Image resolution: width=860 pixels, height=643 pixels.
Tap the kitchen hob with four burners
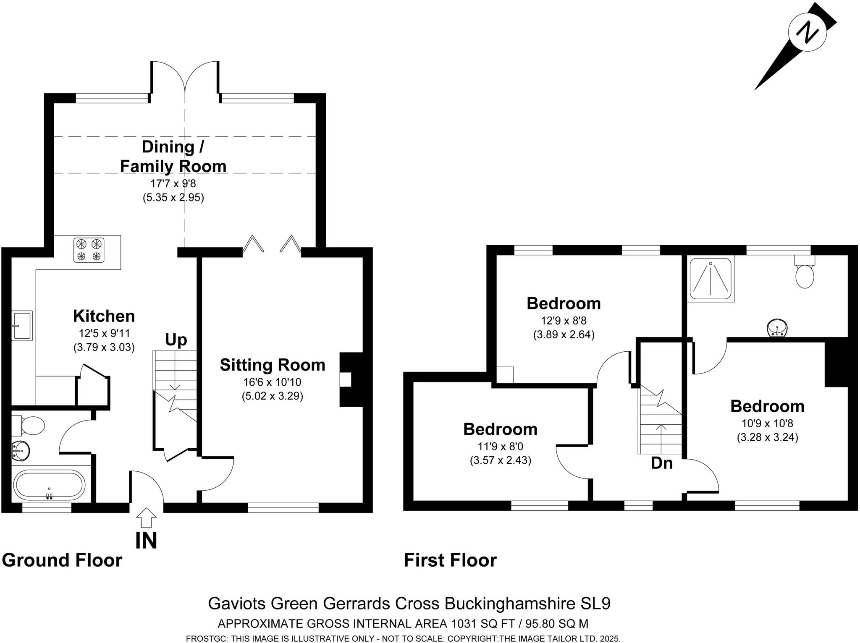(x=89, y=250)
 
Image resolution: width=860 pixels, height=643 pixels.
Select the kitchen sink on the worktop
(x=22, y=325)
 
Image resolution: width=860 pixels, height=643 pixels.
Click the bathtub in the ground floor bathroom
(x=49, y=485)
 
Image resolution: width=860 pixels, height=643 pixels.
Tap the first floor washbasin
(x=777, y=327)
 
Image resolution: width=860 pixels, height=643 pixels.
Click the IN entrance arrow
(x=146, y=518)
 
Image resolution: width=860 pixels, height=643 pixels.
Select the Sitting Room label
(x=273, y=365)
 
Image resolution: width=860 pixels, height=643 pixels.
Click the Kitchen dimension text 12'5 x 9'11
(x=105, y=334)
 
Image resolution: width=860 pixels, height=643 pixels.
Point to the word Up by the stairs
(x=176, y=340)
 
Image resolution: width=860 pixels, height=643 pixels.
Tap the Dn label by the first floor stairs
(x=662, y=463)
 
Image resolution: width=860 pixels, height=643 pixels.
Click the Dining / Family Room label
(x=173, y=157)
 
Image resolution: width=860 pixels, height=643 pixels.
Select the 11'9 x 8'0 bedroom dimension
(x=500, y=447)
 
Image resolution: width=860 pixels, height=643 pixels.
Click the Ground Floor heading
(x=62, y=560)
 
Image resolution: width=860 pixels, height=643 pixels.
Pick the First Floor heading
(x=450, y=560)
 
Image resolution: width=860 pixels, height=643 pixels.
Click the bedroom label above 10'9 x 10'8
(x=767, y=406)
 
